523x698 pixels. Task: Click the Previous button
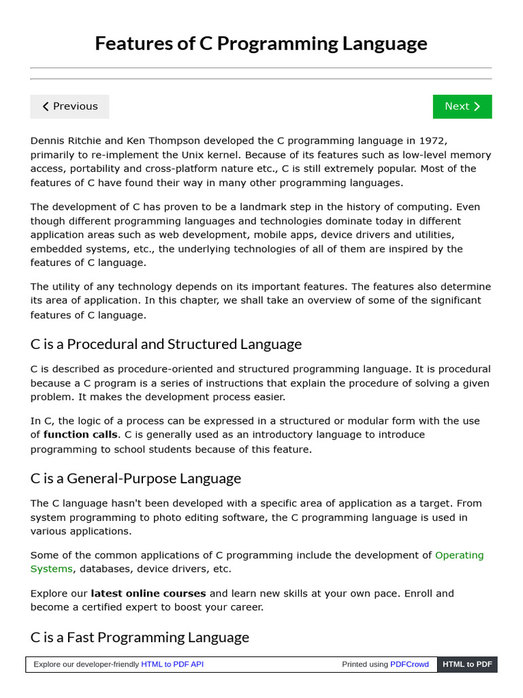click(69, 106)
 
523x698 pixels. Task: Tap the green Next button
click(462, 106)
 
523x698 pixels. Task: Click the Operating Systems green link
click(459, 555)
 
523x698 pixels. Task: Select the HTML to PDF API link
click(172, 664)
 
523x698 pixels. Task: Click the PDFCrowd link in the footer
click(409, 664)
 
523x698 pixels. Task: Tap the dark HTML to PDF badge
click(467, 664)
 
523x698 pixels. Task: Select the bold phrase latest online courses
click(148, 593)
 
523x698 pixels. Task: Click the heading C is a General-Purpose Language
click(136, 479)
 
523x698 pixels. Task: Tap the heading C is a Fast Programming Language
click(140, 637)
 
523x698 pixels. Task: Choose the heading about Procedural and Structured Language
click(165, 344)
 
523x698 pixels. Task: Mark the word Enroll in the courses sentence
click(419, 593)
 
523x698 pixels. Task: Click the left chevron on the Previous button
click(46, 106)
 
